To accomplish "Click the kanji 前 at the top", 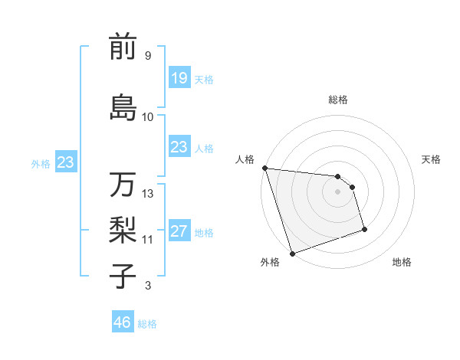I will pyautogui.click(x=123, y=47).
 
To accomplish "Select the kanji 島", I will pyautogui.click(x=123, y=107).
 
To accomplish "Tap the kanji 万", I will pyautogui.click(x=123, y=185).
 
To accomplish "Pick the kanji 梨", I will pyautogui.click(x=123, y=230).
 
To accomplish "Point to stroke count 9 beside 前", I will pyautogui.click(x=147, y=56).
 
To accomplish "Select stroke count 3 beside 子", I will pyautogui.click(x=147, y=286).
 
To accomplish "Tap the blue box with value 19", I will pyautogui.click(x=179, y=77).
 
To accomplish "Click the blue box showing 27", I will pyautogui.click(x=179, y=231).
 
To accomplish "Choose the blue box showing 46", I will pyautogui.click(x=122, y=322).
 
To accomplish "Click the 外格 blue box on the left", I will pyautogui.click(x=65, y=162).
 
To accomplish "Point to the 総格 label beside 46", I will pyautogui.click(x=147, y=324).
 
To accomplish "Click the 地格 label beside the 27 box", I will pyautogui.click(x=204, y=233).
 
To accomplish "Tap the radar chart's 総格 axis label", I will pyautogui.click(x=337, y=100).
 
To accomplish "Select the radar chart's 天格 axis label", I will pyautogui.click(x=432, y=159).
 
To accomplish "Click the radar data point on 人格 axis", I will pyautogui.click(x=264, y=168).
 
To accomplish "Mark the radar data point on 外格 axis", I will pyautogui.click(x=292, y=253).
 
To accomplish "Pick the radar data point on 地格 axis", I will pyautogui.click(x=364, y=229).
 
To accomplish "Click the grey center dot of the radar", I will pyautogui.click(x=337, y=191).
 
